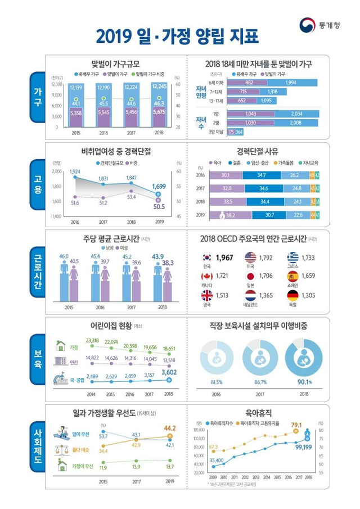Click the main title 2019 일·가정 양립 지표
177,37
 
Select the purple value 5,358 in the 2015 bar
76,113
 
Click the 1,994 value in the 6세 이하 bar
291,83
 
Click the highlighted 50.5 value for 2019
160,207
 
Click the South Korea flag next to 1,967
207,258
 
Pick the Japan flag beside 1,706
251,277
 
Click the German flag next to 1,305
292,295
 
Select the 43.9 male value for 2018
157,257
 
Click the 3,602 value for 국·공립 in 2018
169,372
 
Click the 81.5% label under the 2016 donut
217,382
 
